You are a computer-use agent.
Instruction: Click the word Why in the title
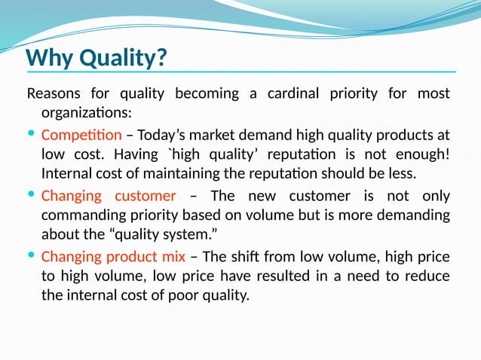[x=51, y=57]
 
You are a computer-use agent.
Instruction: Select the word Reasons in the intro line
[x=56, y=94]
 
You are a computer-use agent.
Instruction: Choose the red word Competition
[x=81, y=136]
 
